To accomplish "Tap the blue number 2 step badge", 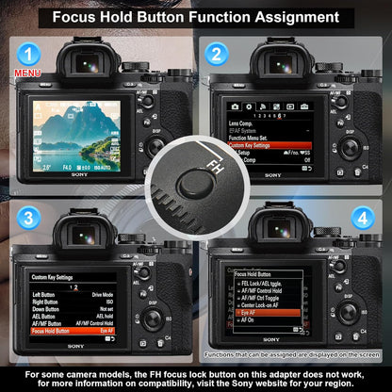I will (217, 55).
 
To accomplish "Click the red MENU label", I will (25, 73).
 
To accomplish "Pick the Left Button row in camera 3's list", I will (46, 294).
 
